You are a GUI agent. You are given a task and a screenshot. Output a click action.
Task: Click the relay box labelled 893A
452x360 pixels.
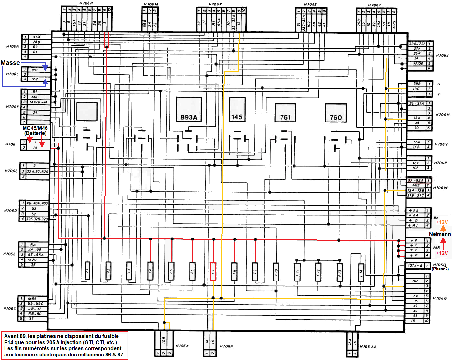point(189,110)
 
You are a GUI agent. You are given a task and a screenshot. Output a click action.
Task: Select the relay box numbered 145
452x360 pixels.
point(237,110)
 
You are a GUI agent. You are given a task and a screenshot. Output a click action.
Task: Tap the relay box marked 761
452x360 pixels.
point(285,112)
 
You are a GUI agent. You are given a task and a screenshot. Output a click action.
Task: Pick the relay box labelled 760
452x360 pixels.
point(336,113)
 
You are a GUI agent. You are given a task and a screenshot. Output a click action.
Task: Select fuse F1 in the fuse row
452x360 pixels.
point(87,270)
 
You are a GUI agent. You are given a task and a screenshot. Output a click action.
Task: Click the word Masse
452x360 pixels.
point(10,63)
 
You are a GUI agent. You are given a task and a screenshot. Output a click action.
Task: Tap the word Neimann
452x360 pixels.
point(440,234)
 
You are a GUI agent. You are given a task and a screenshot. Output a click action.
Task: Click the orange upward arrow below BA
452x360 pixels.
point(443,228)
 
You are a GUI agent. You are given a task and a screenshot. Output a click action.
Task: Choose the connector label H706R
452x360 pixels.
point(86,3)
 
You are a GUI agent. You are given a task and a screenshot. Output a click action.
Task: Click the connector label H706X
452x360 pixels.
point(182,346)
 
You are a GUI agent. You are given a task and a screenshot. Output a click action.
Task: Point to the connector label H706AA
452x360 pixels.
point(368,347)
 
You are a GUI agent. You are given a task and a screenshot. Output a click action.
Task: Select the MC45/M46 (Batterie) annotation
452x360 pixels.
point(35,131)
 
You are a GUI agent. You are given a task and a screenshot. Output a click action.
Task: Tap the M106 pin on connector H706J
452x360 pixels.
point(418,64)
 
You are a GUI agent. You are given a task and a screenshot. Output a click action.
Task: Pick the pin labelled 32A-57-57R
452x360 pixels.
point(37,172)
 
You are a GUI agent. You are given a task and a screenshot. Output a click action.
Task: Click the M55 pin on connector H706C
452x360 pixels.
point(32,299)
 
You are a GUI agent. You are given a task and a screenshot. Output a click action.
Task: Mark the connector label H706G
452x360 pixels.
point(439,298)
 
